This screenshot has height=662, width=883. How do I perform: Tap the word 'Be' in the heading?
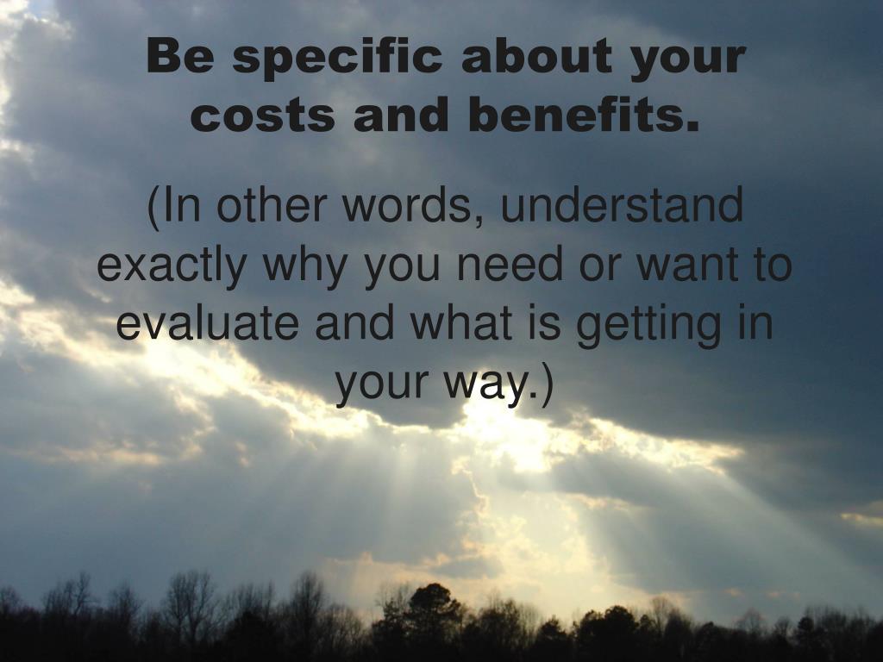pos(181,56)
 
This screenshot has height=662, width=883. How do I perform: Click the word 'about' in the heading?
pos(536,56)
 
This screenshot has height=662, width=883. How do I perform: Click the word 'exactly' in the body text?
pos(172,267)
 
